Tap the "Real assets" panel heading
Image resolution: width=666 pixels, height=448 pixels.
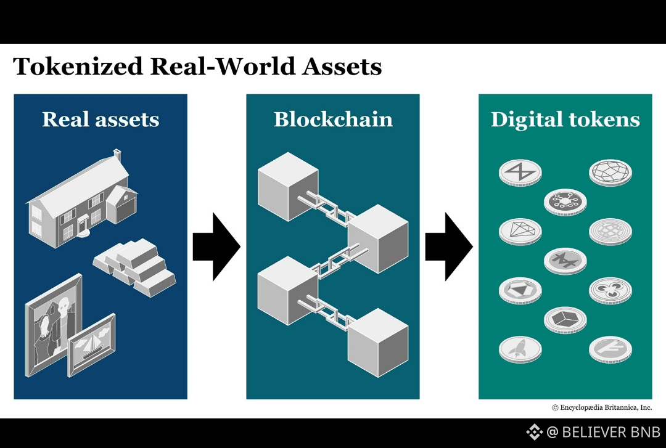point(101,120)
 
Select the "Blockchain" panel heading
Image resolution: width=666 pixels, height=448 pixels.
point(333,120)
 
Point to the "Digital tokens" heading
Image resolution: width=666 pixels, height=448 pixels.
point(565,120)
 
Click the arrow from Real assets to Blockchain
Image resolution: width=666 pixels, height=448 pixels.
point(216,246)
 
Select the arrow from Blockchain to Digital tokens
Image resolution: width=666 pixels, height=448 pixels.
point(448,246)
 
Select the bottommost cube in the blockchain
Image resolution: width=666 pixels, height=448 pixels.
point(378,342)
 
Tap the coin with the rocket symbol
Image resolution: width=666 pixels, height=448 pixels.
point(520,349)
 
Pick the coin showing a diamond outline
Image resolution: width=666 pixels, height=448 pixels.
point(520,230)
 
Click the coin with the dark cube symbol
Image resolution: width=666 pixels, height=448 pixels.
point(565,318)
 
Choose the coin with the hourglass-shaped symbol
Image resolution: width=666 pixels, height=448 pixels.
point(520,171)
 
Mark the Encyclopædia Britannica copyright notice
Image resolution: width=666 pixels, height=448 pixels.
point(602,407)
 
